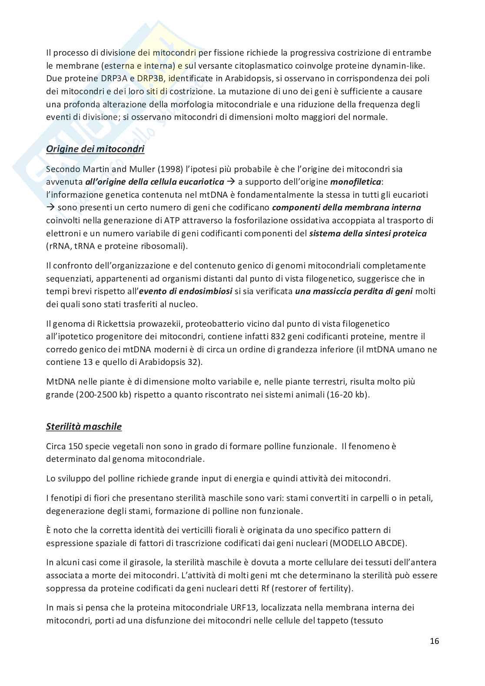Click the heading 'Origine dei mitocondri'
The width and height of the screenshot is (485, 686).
point(95,149)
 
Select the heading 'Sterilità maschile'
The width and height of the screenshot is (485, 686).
point(84,427)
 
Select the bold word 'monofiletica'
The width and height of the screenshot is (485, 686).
point(355,182)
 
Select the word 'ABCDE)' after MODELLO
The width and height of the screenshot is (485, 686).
point(393,543)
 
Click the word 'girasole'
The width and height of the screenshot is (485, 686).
point(147,563)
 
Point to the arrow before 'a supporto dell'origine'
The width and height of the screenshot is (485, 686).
point(231,182)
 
